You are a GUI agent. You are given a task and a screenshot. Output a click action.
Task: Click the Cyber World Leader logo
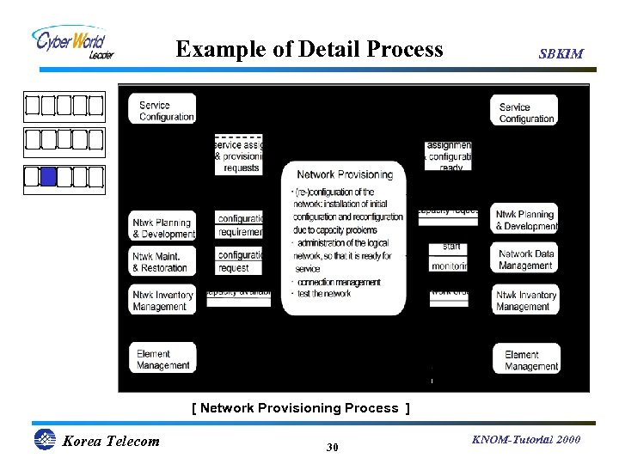(x=71, y=43)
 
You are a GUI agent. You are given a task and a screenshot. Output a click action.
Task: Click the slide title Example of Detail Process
(x=309, y=50)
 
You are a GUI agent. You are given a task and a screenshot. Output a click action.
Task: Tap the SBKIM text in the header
(x=561, y=53)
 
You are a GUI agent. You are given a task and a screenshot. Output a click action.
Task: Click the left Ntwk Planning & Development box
(x=163, y=228)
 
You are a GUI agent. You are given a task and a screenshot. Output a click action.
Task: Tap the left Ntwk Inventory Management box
(x=162, y=300)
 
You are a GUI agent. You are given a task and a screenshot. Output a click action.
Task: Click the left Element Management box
(x=163, y=359)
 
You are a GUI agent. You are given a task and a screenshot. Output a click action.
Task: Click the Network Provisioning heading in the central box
(x=344, y=174)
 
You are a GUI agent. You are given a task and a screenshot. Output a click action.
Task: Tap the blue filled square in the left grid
(x=48, y=177)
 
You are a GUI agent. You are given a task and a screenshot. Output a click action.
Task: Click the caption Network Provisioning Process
(x=300, y=408)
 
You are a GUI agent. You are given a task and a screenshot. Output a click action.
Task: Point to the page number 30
(x=333, y=448)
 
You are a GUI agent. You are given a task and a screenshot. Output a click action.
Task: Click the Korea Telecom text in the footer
(x=111, y=442)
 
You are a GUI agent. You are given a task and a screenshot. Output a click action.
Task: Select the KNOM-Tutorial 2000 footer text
(x=526, y=440)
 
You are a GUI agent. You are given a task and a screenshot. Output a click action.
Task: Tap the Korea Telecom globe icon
(x=44, y=440)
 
